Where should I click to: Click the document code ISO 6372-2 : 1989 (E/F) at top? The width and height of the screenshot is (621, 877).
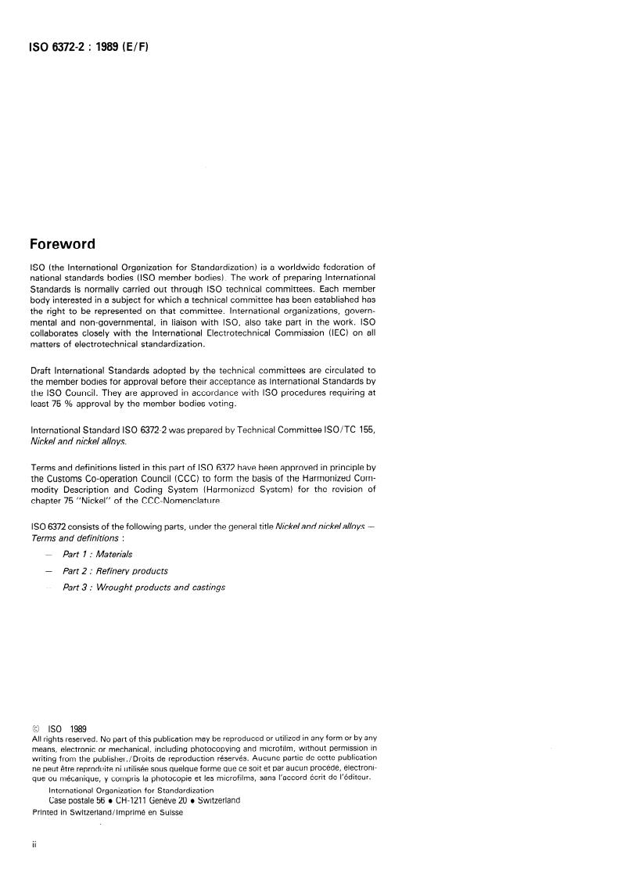pyautogui.click(x=89, y=47)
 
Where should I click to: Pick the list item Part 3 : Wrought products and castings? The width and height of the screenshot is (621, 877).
pyautogui.click(x=144, y=587)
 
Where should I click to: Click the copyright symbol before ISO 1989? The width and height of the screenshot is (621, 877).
pyautogui.click(x=36, y=728)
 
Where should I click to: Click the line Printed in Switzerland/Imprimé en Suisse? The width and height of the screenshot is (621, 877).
pyautogui.click(x=107, y=811)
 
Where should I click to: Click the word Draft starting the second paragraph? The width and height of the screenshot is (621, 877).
pyautogui.click(x=41, y=370)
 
